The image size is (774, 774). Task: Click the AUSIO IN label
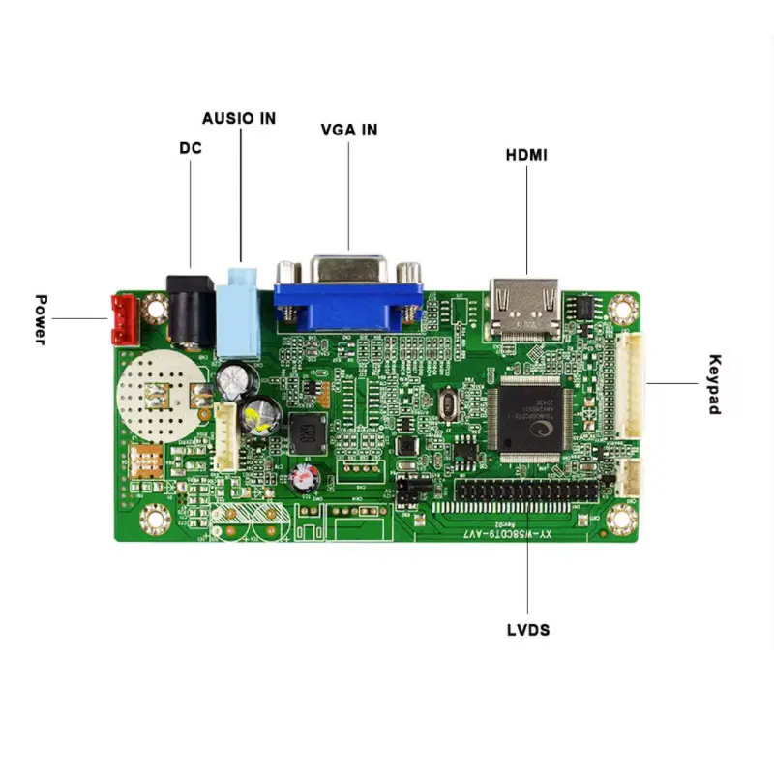[239, 118]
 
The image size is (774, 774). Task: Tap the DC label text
[190, 149]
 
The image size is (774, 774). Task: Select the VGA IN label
[349, 130]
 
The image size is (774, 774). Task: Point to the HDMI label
[527, 154]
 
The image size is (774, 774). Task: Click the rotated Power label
[41, 319]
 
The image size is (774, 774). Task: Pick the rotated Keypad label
[714, 384]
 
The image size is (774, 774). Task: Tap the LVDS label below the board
[527, 630]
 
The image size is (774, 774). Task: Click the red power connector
[123, 320]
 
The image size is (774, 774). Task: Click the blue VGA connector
[348, 295]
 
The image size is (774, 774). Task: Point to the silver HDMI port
[526, 308]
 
